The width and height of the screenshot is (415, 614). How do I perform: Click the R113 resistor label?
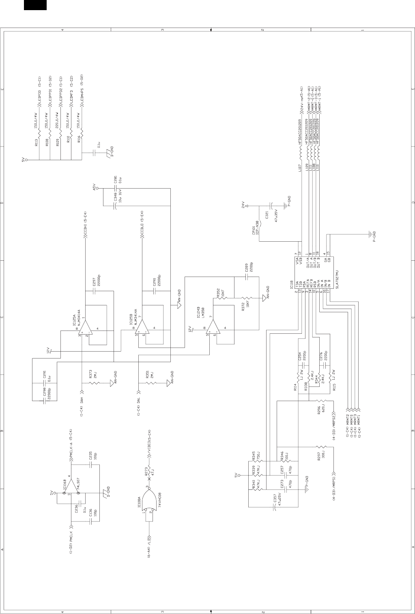[x=37, y=143]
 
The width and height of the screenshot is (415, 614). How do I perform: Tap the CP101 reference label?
[x=254, y=230]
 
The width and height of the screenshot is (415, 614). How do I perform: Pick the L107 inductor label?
[x=300, y=168]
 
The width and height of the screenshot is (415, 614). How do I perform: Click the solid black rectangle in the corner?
[x=35, y=5]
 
